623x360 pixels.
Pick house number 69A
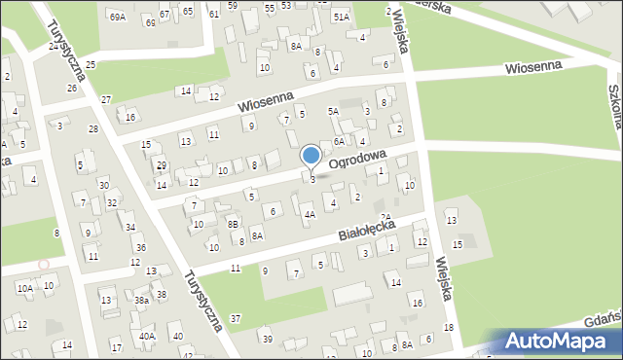(x=118, y=18)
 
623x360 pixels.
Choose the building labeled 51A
(x=340, y=18)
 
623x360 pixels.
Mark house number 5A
(x=333, y=112)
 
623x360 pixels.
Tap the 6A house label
(x=340, y=142)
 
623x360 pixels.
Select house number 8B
(x=233, y=224)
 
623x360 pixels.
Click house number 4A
(x=310, y=214)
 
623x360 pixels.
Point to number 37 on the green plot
(x=235, y=319)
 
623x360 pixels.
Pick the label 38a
(x=141, y=301)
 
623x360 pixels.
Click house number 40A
(x=147, y=336)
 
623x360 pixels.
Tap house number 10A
(x=24, y=288)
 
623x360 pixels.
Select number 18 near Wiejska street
(x=448, y=328)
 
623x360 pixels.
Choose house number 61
(x=213, y=15)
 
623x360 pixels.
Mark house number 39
(x=267, y=339)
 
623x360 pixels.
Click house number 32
(x=112, y=202)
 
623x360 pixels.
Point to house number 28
(x=93, y=129)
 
